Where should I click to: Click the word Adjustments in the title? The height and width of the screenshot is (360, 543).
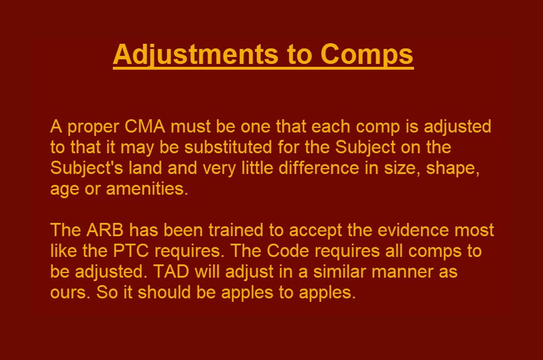pyautogui.click(x=196, y=55)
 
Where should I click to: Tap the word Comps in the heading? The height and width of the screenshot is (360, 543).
pyautogui.click(x=367, y=55)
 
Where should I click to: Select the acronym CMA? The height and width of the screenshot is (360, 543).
pyautogui.click(x=145, y=127)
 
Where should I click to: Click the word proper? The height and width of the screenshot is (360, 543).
pyautogui.click(x=93, y=128)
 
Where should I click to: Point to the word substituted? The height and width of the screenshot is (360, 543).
pyautogui.click(x=228, y=147)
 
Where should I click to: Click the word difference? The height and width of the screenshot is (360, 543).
pyautogui.click(x=319, y=168)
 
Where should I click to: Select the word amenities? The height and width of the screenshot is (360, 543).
pyautogui.click(x=147, y=189)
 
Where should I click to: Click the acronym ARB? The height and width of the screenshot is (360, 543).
pyautogui.click(x=105, y=230)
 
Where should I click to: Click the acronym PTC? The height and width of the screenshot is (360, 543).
pyautogui.click(x=131, y=251)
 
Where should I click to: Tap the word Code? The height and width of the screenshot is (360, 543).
pyautogui.click(x=288, y=251)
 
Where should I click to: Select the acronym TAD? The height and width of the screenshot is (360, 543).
pyautogui.click(x=170, y=272)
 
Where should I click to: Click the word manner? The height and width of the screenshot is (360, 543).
pyautogui.click(x=402, y=272)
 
